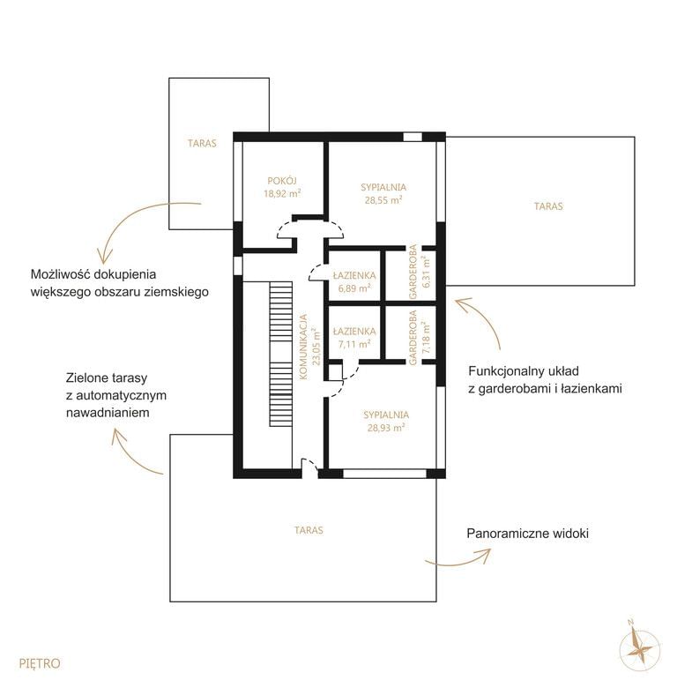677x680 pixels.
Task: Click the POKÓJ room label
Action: point(282,181)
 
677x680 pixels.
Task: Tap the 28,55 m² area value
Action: point(383,200)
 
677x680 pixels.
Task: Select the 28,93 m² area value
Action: point(386,428)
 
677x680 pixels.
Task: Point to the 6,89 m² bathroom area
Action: point(354,288)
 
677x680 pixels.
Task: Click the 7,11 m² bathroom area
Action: point(354,344)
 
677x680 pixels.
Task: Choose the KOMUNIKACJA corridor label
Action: point(303,347)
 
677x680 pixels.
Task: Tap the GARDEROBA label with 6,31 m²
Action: point(413,272)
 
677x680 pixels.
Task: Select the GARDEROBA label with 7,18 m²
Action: point(413,338)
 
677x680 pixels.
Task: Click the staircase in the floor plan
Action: point(281,354)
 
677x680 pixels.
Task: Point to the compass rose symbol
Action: point(640,646)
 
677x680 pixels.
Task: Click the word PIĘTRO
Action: point(40,663)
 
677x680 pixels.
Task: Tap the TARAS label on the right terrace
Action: point(548,206)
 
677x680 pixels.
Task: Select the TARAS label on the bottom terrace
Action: point(309,530)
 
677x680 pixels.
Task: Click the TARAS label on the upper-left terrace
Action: point(202,143)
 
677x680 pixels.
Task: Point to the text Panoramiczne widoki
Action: point(527,533)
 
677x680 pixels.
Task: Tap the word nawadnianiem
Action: point(108,413)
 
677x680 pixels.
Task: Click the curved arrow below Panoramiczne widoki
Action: point(458,558)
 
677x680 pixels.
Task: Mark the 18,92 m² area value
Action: point(283,193)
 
